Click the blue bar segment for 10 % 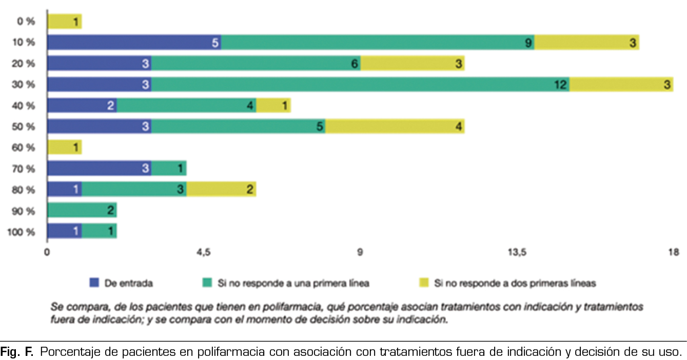point(134,43)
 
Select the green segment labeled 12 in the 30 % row point(360,85)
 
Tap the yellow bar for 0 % point(64,22)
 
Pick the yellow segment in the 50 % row point(395,127)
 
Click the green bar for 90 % point(82,211)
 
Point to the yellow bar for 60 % point(64,148)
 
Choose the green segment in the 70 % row point(169,169)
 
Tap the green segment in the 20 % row point(256,64)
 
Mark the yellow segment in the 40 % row point(273,106)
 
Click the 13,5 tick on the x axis point(517,252)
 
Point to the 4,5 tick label point(204,252)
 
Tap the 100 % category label point(22,232)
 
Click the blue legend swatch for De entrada point(93,282)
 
